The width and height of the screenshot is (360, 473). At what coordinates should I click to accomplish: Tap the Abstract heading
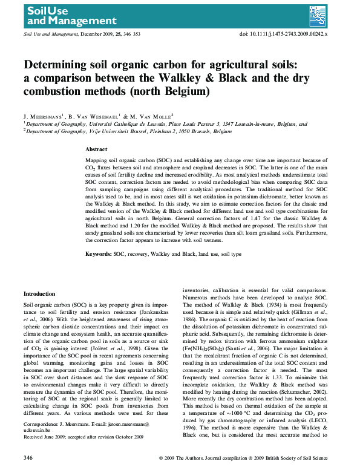point(96,149)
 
